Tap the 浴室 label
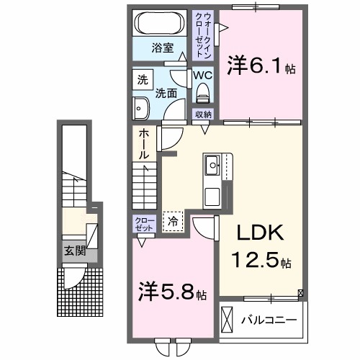click(162, 48)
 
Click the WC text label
click(202, 74)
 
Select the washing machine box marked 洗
click(142, 78)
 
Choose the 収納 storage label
click(202, 114)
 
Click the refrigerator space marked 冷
click(173, 222)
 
